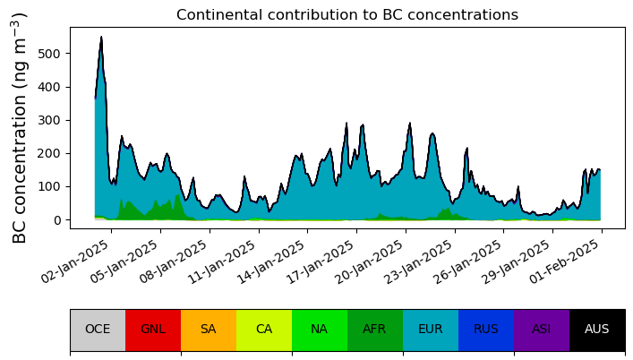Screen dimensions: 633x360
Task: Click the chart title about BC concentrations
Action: pyautogui.click(x=347, y=15)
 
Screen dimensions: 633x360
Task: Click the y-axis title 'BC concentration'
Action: pyautogui.click(x=19, y=127)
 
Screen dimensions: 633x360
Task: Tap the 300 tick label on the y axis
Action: pyautogui.click(x=48, y=120)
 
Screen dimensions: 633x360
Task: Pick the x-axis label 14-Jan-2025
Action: pyautogui.click(x=271, y=261)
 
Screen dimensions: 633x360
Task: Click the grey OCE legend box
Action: pyautogui.click(x=98, y=330)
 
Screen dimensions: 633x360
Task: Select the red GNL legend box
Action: pyautogui.click(x=153, y=330)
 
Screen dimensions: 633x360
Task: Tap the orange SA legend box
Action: pyautogui.click(x=209, y=330)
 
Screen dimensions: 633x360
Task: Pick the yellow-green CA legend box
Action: pyautogui.click(x=264, y=330)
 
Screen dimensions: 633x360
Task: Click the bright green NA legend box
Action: pyautogui.click(x=320, y=330)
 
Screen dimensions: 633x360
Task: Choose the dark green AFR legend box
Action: pyautogui.click(x=375, y=330)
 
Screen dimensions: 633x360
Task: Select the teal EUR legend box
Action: pyautogui.click(x=431, y=330)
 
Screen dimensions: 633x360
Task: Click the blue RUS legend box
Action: pyautogui.click(x=486, y=330)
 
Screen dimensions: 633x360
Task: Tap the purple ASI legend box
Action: pyautogui.click(x=542, y=330)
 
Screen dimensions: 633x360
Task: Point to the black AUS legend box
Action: pyautogui.click(x=597, y=330)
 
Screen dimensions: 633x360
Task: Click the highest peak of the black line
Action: pyautogui.click(x=101, y=37)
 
